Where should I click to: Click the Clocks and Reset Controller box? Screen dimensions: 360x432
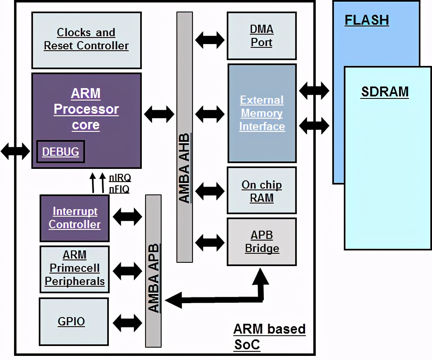(x=87, y=40)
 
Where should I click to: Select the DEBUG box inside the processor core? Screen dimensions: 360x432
(x=60, y=152)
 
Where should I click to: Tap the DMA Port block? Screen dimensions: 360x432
(x=261, y=36)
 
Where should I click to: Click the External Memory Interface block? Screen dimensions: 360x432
(x=262, y=113)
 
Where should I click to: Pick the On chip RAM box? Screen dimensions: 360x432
(x=261, y=191)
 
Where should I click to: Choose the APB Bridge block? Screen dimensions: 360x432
(x=262, y=242)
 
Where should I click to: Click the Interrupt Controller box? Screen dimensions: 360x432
(x=75, y=218)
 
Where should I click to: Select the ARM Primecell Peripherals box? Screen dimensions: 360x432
(x=75, y=269)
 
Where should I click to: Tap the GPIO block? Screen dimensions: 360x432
(x=71, y=321)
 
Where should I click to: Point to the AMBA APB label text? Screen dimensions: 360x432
(x=153, y=278)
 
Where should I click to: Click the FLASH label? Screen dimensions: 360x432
(x=366, y=20)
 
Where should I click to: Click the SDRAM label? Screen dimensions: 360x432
(x=385, y=92)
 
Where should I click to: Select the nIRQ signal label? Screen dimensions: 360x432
(x=120, y=178)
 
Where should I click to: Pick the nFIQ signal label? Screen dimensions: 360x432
(x=119, y=189)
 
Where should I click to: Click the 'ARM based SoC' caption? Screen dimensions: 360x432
(x=269, y=336)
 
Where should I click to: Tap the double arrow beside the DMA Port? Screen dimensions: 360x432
(x=210, y=40)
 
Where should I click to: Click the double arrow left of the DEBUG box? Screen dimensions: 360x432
(x=15, y=151)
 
